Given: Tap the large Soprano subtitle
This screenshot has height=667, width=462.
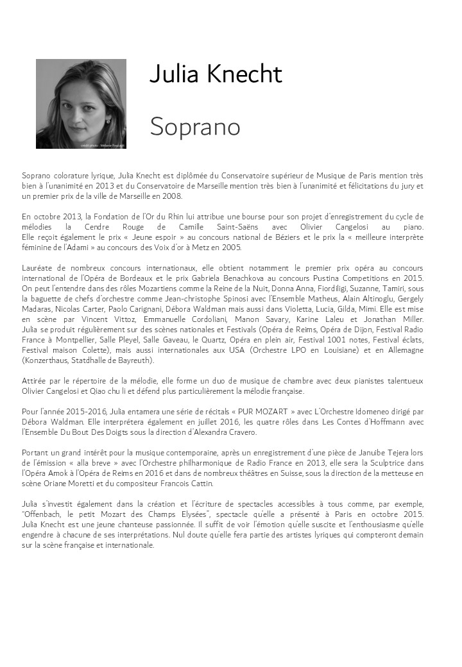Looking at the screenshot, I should click(x=195, y=126).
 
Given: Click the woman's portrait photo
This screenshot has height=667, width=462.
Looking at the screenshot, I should click(x=81, y=104).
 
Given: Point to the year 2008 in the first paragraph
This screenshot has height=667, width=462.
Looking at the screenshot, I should click(x=169, y=196).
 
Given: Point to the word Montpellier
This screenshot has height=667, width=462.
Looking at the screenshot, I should click(x=69, y=339).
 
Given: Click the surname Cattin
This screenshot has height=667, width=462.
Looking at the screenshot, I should click(x=201, y=484).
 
